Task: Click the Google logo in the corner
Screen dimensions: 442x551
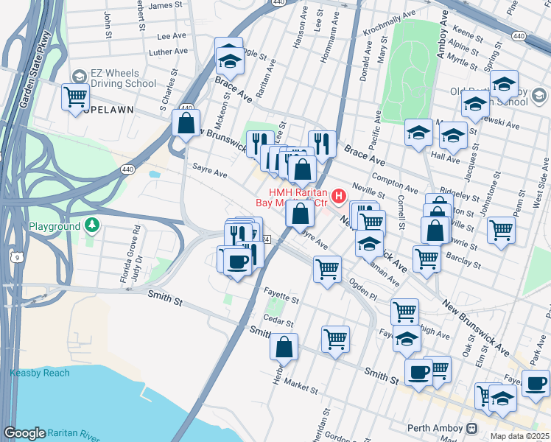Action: [24, 433]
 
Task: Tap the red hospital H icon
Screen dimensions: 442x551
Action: [339, 196]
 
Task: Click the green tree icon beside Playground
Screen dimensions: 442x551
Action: [91, 224]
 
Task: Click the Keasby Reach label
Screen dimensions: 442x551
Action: [40, 373]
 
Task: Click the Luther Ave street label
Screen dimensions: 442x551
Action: [168, 52]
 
